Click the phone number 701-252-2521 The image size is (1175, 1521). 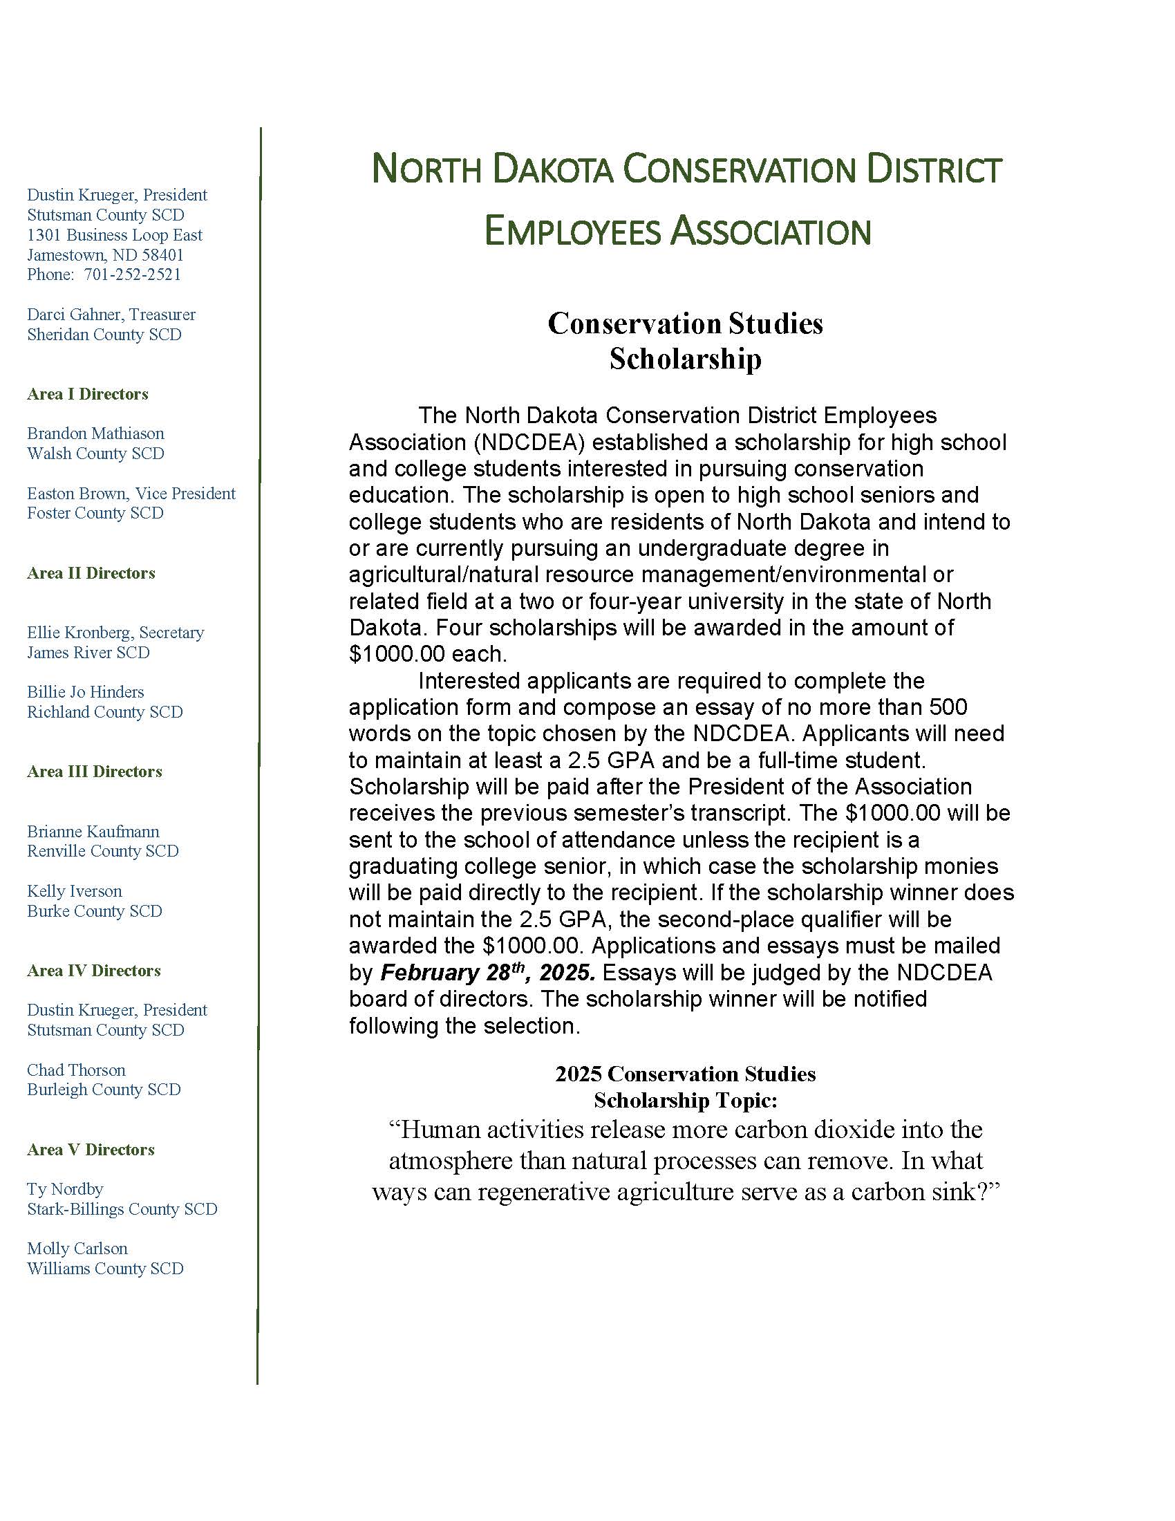pyautogui.click(x=132, y=274)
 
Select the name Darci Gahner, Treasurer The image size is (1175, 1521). pyautogui.click(x=111, y=315)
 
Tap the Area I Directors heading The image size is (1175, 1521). pyautogui.click(x=88, y=394)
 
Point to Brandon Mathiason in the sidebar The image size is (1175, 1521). pyautogui.click(x=95, y=433)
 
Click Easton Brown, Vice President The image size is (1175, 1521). pyautogui.click(x=131, y=494)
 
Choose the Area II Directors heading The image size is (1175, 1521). pyautogui.click(x=91, y=573)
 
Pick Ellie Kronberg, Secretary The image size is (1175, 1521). pyautogui.click(x=115, y=633)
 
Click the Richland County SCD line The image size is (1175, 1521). pyautogui.click(x=105, y=711)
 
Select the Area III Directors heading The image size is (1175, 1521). pyautogui.click(x=95, y=772)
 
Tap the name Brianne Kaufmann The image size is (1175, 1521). pyautogui.click(x=93, y=832)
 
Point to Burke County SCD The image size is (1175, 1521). pyautogui.click(x=95, y=911)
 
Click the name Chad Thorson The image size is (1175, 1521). pyautogui.click(x=77, y=1070)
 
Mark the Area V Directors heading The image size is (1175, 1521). pyautogui.click(x=91, y=1149)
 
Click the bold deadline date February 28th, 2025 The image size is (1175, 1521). pyautogui.click(x=487, y=972)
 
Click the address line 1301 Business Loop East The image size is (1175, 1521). pyautogui.click(x=115, y=235)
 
